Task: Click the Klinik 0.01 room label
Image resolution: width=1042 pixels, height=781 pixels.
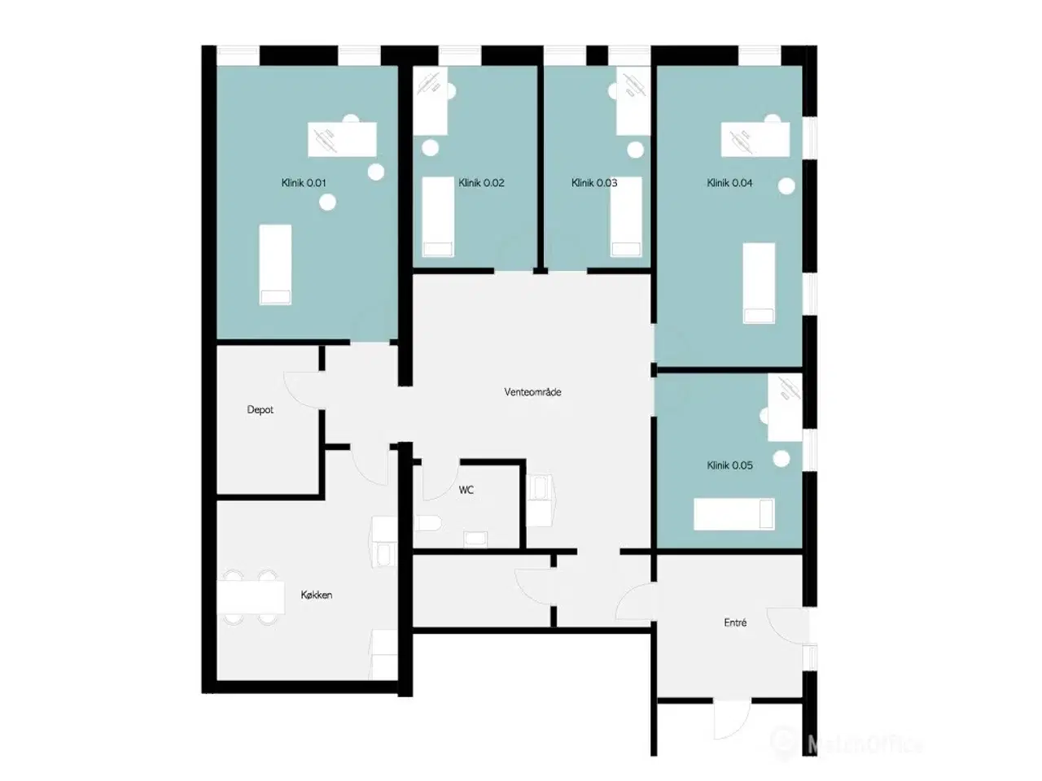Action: pos(304,182)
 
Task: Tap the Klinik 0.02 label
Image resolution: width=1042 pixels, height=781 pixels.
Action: pos(481,182)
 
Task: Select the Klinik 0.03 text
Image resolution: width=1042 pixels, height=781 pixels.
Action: pos(594,182)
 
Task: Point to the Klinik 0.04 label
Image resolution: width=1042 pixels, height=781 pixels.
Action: pos(729,182)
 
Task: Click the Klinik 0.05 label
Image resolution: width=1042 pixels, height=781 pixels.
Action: pos(729,465)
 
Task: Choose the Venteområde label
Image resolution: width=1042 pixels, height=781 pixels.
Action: pos(532,392)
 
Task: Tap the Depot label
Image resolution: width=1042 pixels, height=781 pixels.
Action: pos(260,410)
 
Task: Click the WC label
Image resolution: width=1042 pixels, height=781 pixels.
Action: pos(466,490)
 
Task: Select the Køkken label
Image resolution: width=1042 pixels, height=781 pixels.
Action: pos(316,595)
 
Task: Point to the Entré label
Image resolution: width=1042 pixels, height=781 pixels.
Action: pos(735,622)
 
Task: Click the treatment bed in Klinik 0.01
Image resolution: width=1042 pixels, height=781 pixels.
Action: pos(275,264)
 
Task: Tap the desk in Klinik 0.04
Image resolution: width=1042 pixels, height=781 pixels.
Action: pos(755,139)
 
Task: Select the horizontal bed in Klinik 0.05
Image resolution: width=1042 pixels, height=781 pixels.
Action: pos(734,514)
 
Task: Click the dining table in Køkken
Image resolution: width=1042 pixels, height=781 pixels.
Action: pos(251,597)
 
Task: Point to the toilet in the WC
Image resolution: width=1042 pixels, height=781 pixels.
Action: pos(428,523)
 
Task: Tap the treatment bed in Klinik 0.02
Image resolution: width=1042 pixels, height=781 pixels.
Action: pos(438,217)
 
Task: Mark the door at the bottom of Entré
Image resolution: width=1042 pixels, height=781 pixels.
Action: pos(732,719)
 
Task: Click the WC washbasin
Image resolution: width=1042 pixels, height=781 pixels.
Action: pos(475,539)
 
